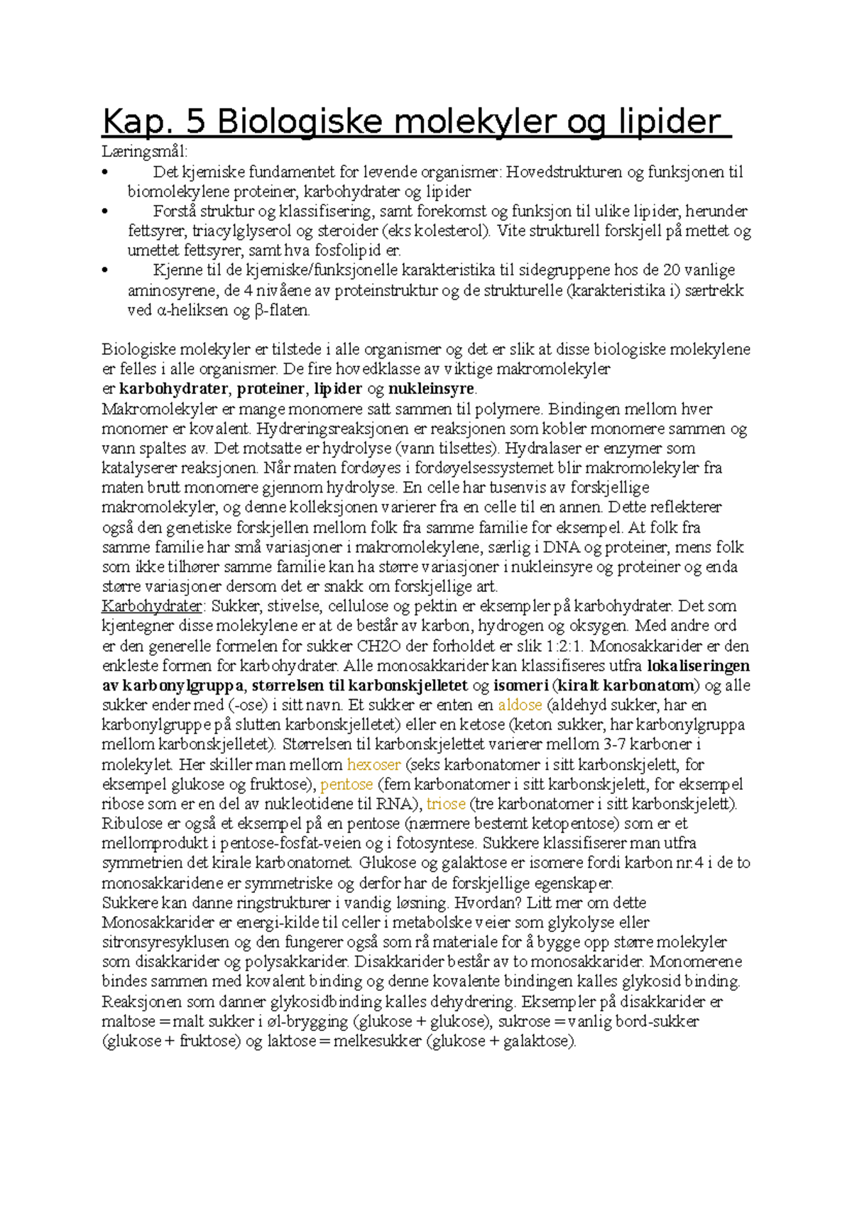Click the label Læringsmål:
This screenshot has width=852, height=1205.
click(x=145, y=151)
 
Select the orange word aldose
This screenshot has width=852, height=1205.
click(x=520, y=705)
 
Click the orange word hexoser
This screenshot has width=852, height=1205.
click(x=373, y=764)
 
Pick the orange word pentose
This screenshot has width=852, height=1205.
click(x=346, y=784)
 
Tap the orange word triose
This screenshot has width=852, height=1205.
click(x=446, y=804)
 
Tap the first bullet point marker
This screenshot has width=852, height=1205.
click(x=105, y=172)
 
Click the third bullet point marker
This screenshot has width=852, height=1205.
click(x=105, y=270)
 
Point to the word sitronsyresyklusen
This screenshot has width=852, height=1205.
click(x=165, y=942)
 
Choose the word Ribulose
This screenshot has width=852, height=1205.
click(x=132, y=824)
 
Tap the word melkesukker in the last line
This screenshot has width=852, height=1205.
click(x=377, y=1041)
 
